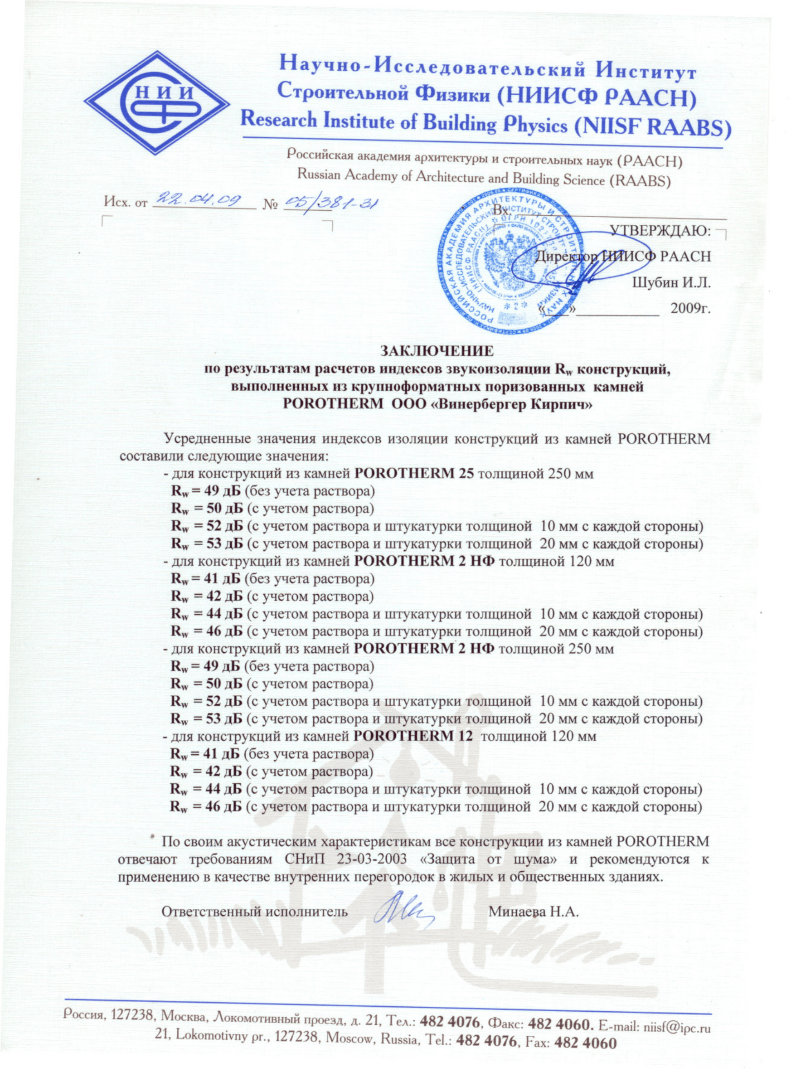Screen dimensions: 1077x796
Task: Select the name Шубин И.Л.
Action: point(672,282)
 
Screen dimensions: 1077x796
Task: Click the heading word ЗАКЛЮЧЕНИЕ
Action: point(437,351)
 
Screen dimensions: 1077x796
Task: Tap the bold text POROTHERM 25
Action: point(415,473)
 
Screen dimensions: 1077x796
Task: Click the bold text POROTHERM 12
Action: point(415,736)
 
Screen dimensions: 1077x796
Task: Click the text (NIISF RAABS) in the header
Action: point(652,126)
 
